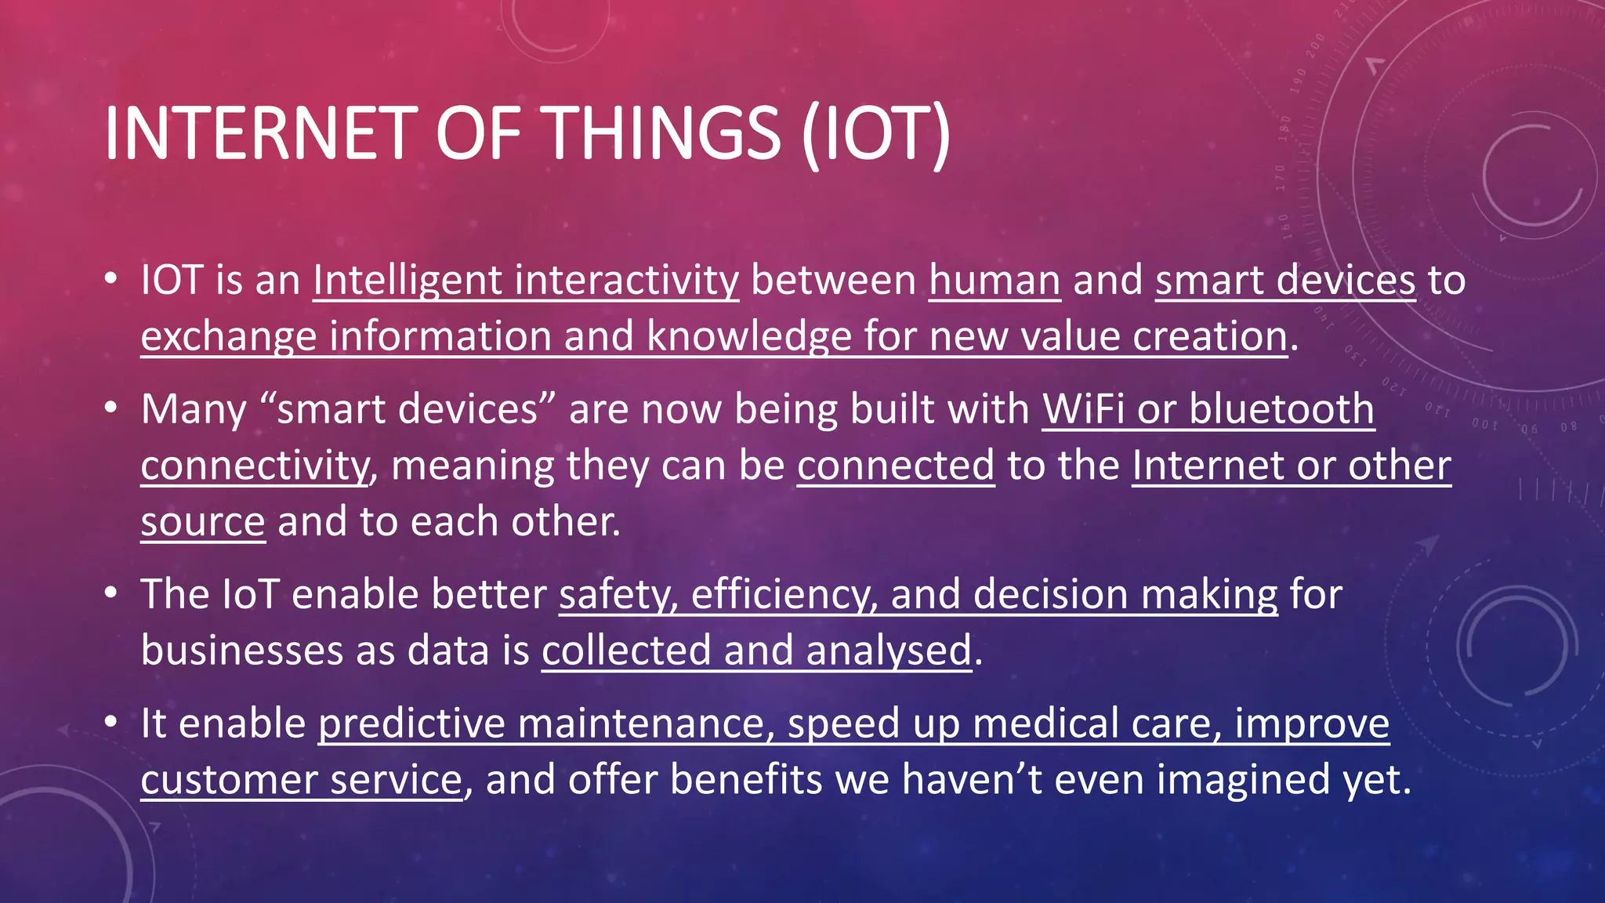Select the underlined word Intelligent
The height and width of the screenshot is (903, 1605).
coord(408,281)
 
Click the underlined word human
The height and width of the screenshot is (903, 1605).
coord(995,281)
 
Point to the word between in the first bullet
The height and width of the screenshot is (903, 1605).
coord(833,281)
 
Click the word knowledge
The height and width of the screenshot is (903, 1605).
coord(748,337)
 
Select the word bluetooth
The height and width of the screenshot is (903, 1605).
coord(1281,409)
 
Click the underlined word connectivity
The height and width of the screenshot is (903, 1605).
coord(254,466)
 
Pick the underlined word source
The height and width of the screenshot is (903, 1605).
coord(203,522)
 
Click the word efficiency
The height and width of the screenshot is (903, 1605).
coord(784,594)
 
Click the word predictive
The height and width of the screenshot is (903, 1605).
coord(411,723)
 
